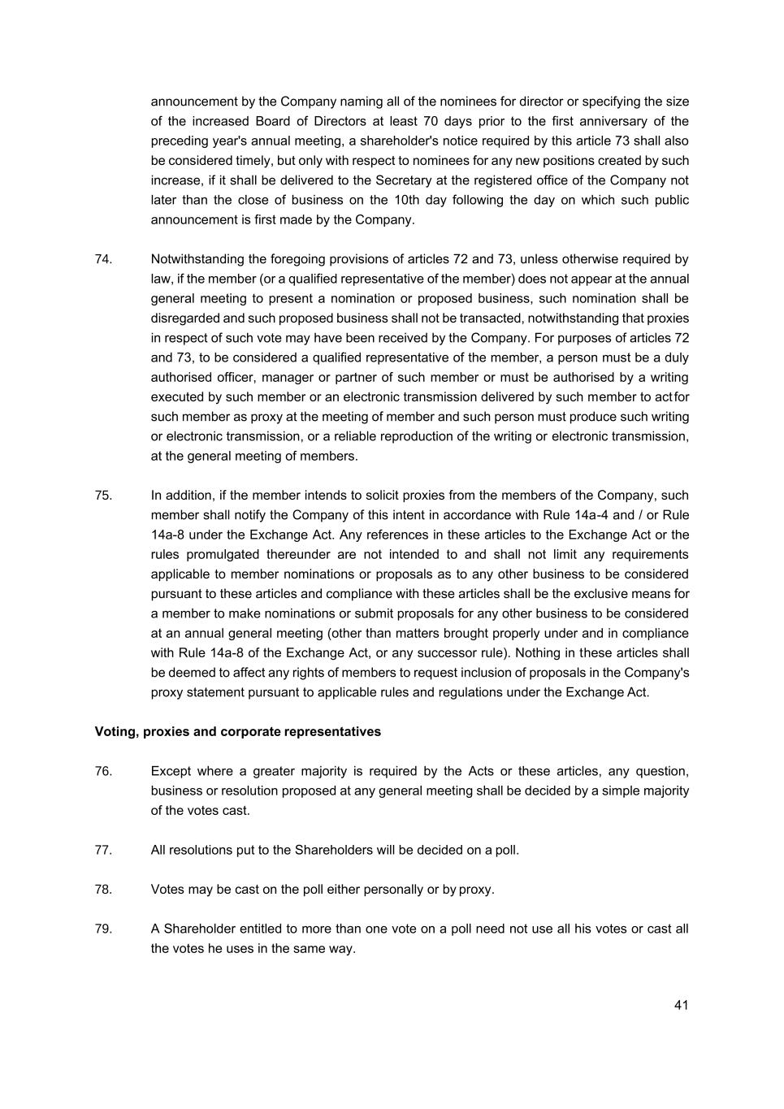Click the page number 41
pyautogui.click(x=681, y=1005)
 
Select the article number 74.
pyautogui.click(x=103, y=259)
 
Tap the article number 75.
pyautogui.click(x=103, y=496)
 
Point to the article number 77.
pyautogui.click(x=103, y=850)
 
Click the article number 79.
pyautogui.click(x=103, y=929)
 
